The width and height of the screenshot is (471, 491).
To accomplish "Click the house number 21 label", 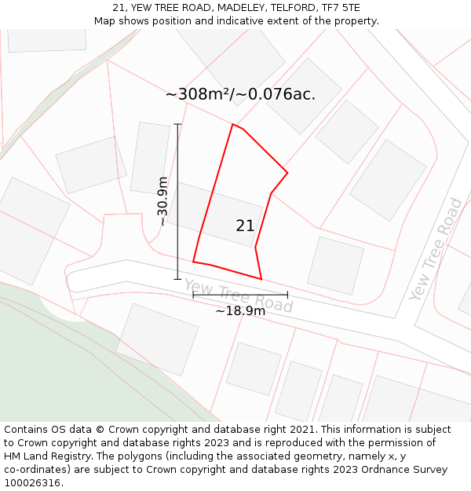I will click(x=245, y=225).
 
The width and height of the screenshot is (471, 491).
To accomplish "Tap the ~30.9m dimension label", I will click(x=162, y=201).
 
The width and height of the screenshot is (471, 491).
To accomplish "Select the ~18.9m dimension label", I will click(x=240, y=310).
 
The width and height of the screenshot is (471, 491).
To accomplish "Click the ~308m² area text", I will click(x=199, y=94).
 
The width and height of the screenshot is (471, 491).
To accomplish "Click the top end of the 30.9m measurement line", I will click(x=177, y=124).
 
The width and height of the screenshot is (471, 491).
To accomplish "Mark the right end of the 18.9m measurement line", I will click(x=287, y=295).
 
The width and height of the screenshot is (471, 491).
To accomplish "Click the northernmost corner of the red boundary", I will click(x=232, y=124).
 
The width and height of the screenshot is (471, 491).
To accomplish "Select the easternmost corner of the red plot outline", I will click(x=287, y=172).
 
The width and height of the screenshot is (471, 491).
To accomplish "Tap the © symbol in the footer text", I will click(x=100, y=429).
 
